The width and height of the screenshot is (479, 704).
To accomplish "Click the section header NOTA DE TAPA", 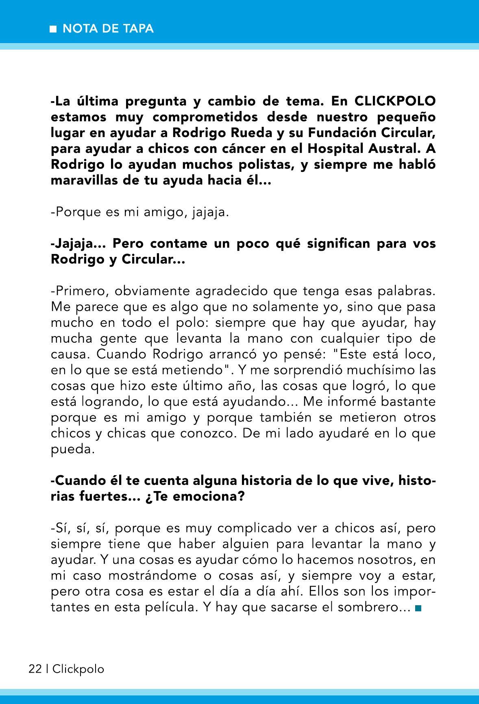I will tap(108, 29).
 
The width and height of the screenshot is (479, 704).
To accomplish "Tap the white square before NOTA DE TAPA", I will tap(52, 29).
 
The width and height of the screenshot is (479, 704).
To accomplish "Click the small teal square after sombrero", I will tap(418, 608).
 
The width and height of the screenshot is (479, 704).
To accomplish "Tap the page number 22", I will tap(35, 669).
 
